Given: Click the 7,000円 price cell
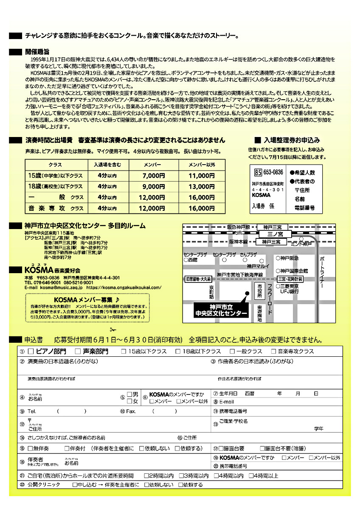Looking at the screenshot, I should (x=154, y=176).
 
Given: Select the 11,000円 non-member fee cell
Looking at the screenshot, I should (x=202, y=176).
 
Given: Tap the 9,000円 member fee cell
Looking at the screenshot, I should (x=154, y=187).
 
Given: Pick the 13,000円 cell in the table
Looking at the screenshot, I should (x=202, y=187).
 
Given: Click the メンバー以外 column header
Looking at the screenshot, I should (x=202, y=164).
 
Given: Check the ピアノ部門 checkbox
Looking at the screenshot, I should (x=31, y=351).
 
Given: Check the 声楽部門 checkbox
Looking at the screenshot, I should (x=78, y=351).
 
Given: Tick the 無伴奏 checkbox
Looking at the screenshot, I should (x=30, y=448).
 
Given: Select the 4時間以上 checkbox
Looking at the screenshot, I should (x=251, y=476).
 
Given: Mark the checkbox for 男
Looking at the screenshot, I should (x=129, y=394).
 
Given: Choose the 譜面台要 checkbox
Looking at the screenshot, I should (x=221, y=448).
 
